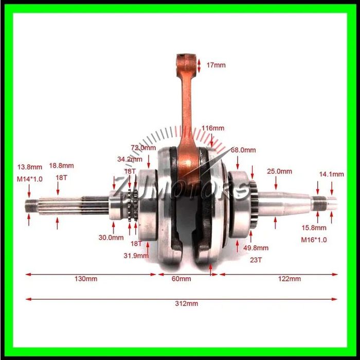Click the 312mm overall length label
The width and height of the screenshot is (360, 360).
[x=186, y=303]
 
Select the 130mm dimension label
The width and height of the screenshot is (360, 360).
[x=86, y=279]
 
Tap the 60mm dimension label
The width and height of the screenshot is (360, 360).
[x=181, y=279]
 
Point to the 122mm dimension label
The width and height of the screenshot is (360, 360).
[x=289, y=279]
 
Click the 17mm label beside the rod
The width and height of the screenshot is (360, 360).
[x=216, y=65]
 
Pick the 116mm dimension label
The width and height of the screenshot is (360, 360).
[x=213, y=128]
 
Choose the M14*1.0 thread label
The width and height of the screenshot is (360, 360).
[x=30, y=179]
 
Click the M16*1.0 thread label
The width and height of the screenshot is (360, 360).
[x=314, y=240]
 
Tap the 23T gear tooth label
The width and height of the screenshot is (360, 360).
[x=256, y=260]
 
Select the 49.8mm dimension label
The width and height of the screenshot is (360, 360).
[x=256, y=248]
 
